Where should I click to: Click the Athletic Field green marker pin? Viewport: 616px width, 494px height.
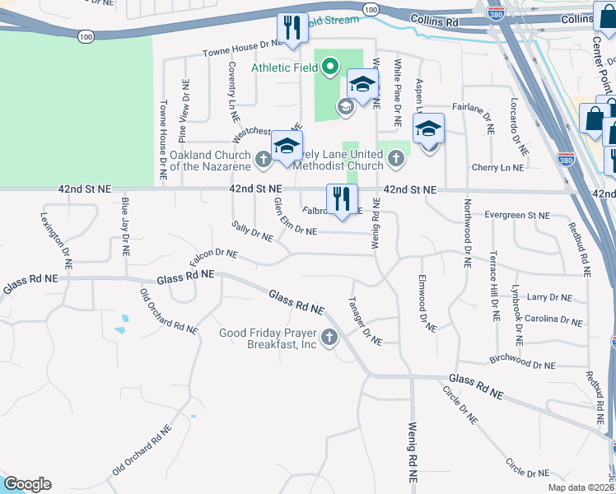pos(330,67)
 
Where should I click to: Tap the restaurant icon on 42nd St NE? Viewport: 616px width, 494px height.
pos(341,198)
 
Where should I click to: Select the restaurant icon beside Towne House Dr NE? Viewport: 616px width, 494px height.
pos(292,27)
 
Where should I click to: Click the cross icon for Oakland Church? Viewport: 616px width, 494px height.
pos(264,160)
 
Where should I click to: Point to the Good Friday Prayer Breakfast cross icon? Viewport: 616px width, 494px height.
pos(329,337)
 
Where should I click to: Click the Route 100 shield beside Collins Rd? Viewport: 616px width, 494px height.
pos(371,10)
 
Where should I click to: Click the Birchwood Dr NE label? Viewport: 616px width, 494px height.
pos(522,362)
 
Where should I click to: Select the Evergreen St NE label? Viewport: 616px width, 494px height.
pos(516,215)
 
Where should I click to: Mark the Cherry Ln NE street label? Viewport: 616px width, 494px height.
pos(498,167)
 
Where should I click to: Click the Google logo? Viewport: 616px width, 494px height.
pos(27,484)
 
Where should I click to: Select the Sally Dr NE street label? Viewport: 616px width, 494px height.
pos(252,231)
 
